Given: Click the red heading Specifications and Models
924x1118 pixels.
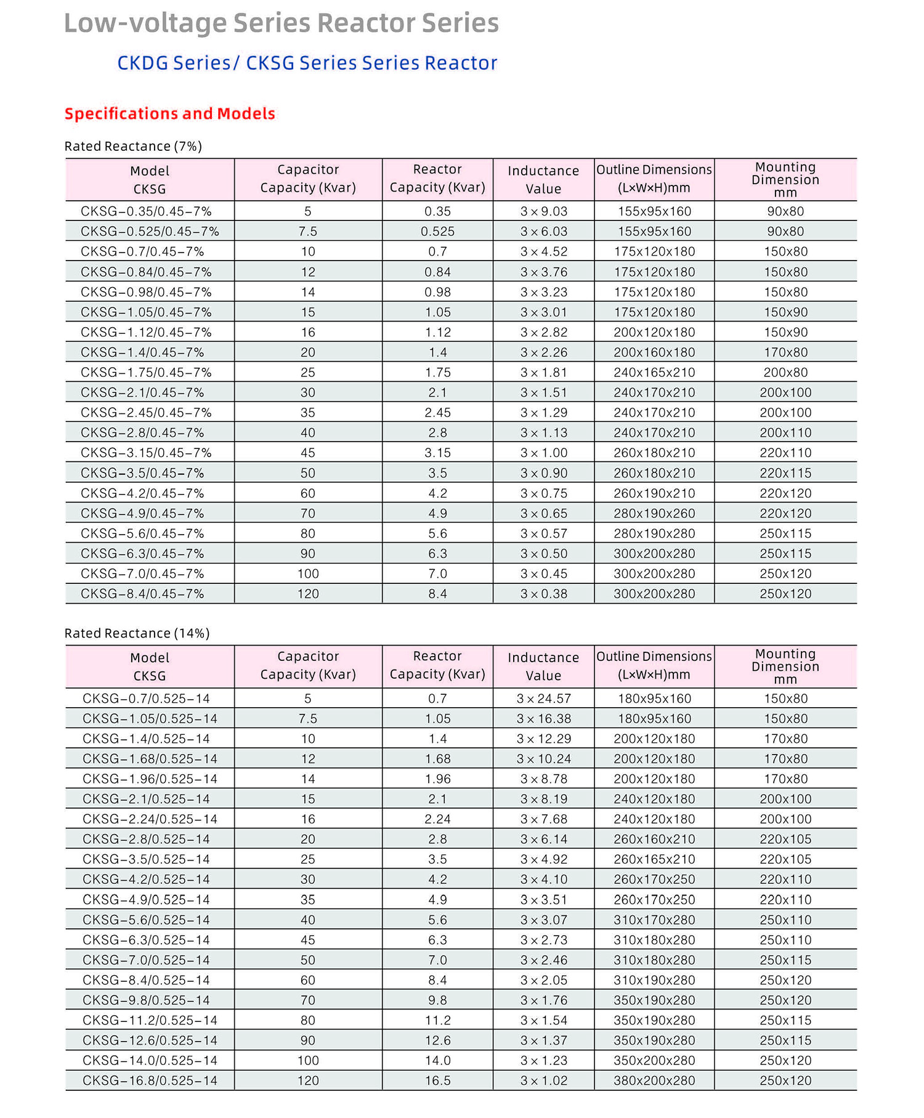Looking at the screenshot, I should point(169,114).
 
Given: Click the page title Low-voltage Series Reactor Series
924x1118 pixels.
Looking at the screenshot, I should point(281,23).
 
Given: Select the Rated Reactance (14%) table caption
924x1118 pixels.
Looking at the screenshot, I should point(137,633).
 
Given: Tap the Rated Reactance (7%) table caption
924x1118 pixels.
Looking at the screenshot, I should point(133,146).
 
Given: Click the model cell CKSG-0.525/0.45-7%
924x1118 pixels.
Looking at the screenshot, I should point(150,232).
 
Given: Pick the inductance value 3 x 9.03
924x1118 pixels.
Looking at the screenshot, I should point(543,211).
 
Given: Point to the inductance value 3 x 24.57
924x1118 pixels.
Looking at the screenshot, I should point(543,699).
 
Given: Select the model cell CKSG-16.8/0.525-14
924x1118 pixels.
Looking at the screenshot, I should point(150,1080).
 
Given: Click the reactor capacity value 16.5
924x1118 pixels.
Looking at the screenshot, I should point(437,1080).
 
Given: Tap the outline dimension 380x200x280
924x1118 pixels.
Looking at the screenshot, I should point(654,1080).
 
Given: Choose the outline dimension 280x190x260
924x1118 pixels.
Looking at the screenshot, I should point(654,513).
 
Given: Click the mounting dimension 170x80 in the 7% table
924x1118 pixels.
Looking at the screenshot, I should point(785,352).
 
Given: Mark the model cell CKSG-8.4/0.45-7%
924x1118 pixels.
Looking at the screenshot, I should point(142,594).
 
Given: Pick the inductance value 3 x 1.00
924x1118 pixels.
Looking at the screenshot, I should point(543,453).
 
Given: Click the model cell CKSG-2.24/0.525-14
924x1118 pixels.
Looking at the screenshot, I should point(150,819).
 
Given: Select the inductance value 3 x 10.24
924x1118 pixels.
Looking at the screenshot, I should point(543,759).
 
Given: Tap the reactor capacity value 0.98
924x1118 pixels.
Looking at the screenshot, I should point(437,292).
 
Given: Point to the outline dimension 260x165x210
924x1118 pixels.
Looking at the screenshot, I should point(654,859).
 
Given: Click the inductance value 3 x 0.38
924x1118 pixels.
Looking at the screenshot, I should point(543,594).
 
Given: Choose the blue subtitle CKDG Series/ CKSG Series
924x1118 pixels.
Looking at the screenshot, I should point(307,63).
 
